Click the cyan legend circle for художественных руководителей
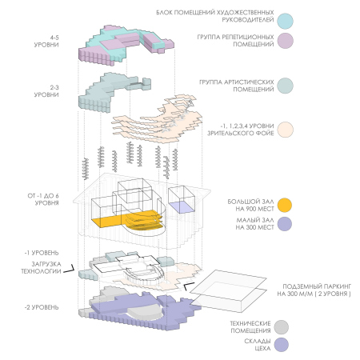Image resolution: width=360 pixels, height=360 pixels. point(285,21)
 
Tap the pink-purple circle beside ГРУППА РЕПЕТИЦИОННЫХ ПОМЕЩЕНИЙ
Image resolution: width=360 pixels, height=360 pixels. point(285,41)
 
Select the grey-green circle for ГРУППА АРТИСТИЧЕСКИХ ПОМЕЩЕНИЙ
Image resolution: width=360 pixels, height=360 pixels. point(285,86)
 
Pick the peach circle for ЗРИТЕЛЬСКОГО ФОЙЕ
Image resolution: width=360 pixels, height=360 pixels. point(285,130)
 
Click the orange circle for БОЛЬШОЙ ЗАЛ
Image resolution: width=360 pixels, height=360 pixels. point(285,205)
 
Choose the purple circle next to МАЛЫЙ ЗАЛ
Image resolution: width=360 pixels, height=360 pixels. point(285,224)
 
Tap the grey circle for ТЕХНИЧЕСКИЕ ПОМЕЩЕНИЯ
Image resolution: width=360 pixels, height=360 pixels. point(281,327)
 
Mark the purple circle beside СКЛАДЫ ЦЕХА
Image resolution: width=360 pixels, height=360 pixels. point(281,345)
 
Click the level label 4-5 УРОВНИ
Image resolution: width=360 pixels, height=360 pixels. point(46,41)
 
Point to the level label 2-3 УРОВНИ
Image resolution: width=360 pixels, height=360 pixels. point(46,91)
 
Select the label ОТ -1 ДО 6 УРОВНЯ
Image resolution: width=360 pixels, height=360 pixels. point(43,199)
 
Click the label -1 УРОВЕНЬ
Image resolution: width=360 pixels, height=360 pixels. point(42,253)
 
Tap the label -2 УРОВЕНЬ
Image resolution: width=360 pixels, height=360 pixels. point(42,307)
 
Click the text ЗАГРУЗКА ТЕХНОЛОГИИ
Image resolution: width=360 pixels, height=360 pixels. point(42,268)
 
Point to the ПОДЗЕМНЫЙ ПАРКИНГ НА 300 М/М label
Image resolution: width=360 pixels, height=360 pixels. point(314,290)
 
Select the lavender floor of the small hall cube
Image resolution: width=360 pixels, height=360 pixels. point(182,207)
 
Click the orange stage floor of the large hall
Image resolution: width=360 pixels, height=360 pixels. point(106,222)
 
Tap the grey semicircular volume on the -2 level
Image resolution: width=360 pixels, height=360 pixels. point(144,311)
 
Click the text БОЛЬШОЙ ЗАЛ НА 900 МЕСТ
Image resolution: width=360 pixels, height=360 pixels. point(250,205)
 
